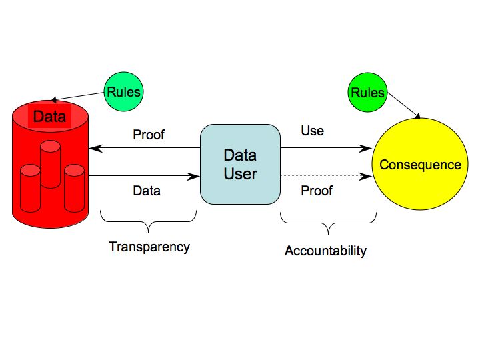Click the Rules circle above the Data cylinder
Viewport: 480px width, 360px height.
123,91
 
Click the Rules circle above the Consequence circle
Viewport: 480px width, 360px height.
367,92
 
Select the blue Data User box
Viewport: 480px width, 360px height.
240,164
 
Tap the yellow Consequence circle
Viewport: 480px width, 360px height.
420,165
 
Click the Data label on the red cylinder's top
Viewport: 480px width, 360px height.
50,117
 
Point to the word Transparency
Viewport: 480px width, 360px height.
149,247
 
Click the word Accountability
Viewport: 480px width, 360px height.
325,251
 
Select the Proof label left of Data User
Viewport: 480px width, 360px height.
149,135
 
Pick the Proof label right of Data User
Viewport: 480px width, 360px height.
317,191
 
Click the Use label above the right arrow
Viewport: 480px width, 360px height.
312,131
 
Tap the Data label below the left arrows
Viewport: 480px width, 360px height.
147,191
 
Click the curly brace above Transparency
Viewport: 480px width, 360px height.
149,217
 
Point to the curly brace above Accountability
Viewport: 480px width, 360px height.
328,221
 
